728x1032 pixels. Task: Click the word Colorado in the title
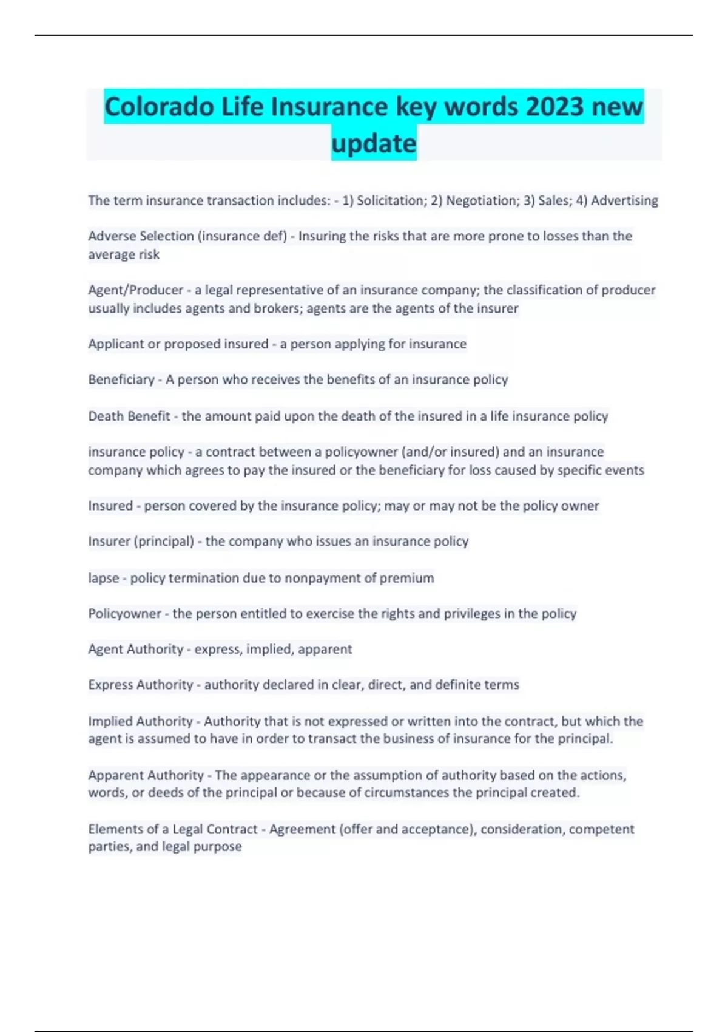[159, 107]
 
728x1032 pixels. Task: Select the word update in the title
[374, 144]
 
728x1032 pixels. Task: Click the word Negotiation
[480, 200]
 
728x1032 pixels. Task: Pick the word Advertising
[624, 200]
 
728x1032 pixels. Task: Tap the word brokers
[277, 308]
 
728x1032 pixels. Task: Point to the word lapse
[104, 578]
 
